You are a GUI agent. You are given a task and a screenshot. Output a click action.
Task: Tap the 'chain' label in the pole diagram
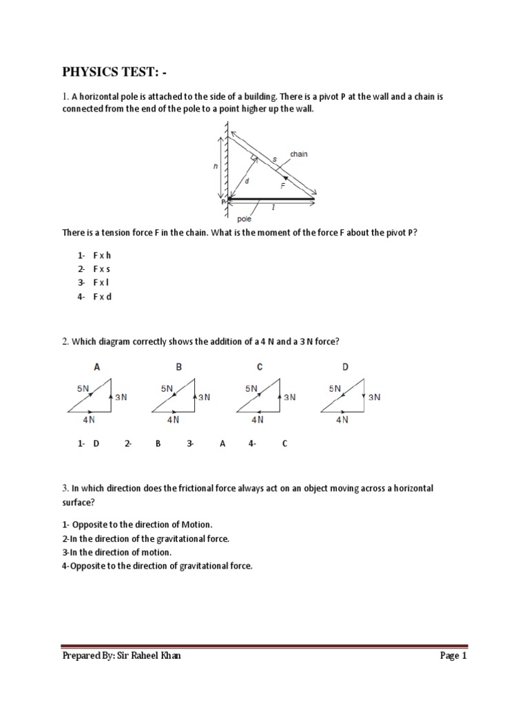298,154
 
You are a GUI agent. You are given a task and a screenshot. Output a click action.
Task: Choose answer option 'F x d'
101,297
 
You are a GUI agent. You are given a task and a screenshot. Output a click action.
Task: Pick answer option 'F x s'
101,269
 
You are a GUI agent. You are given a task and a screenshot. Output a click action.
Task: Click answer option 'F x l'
101,283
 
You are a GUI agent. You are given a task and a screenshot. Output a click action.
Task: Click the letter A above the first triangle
96,368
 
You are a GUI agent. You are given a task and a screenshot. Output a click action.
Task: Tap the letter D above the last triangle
345,368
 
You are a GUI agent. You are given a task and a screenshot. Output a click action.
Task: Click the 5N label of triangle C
251,388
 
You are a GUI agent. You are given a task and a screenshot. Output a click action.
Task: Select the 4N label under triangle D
342,419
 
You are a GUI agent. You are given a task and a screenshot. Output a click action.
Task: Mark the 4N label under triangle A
89,419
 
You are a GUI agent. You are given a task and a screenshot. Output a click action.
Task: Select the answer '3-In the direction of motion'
116,552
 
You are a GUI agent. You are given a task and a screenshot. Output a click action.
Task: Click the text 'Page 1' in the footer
453,656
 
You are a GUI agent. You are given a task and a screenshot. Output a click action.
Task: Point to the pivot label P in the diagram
223,202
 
